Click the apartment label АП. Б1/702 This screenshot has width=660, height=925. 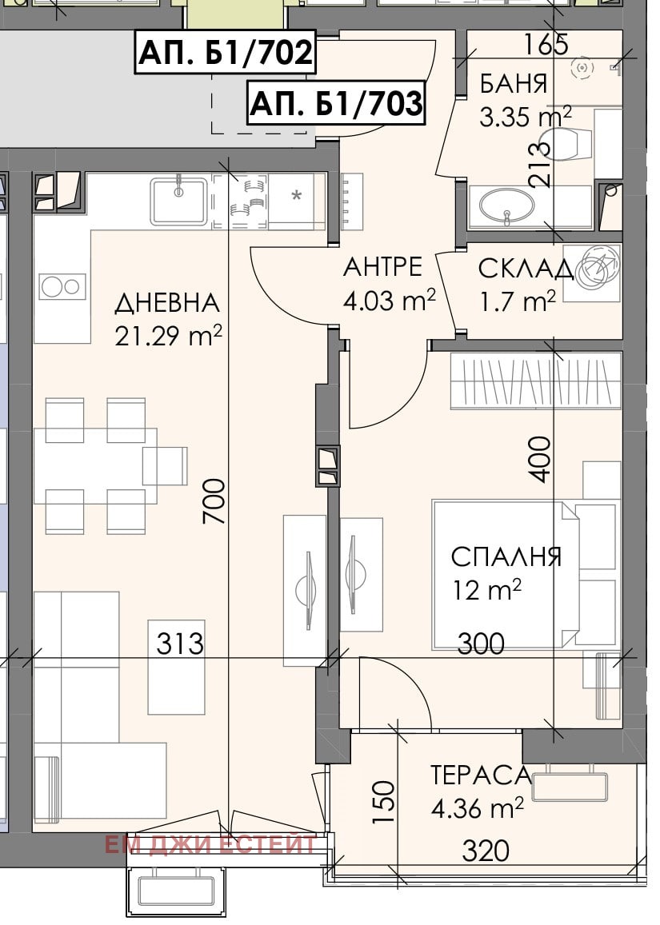(x=226, y=53)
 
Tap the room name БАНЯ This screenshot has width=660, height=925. (x=514, y=84)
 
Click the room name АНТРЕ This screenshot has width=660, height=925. (x=382, y=266)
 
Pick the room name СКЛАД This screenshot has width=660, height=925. (x=525, y=269)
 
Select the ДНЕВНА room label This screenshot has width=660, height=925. (x=166, y=304)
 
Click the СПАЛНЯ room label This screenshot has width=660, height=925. (x=506, y=556)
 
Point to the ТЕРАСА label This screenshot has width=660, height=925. (x=481, y=775)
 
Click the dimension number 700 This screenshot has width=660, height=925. (x=214, y=502)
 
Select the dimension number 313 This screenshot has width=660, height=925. (x=180, y=643)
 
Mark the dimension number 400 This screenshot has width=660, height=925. (x=542, y=458)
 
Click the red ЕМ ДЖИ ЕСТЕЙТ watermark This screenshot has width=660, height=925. (x=210, y=845)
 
